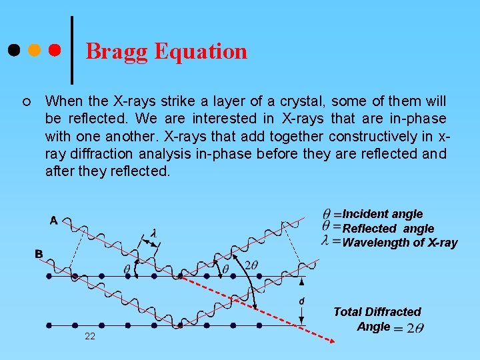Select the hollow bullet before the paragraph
tap(25, 102)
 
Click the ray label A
tap(53, 221)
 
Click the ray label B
tap(39, 254)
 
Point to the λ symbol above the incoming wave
tap(153, 234)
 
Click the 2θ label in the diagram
tap(251, 265)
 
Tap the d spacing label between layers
tap(301, 301)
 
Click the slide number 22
tap(90, 336)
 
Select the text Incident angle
tap(382, 214)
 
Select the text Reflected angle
tap(387, 229)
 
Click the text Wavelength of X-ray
tap(399, 243)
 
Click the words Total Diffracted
tap(377, 312)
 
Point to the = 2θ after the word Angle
tap(409, 327)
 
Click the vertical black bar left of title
tap(71, 47)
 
